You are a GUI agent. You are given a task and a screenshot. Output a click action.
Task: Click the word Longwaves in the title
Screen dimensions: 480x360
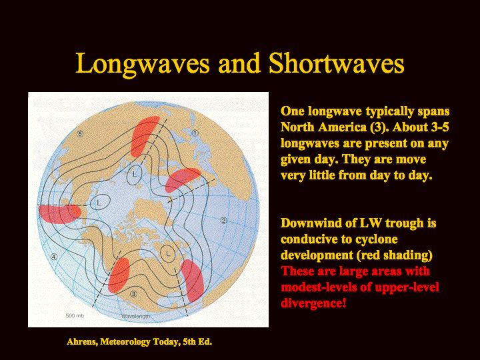click(x=143, y=64)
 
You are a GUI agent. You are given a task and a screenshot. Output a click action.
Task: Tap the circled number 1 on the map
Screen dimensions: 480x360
click(x=195, y=133)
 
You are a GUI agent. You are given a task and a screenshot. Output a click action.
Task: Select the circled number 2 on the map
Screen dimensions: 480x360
click(x=223, y=221)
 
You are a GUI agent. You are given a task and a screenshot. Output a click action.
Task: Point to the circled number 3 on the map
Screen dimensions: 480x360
click(x=133, y=294)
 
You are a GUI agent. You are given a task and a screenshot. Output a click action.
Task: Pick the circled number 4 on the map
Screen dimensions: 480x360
click(x=54, y=257)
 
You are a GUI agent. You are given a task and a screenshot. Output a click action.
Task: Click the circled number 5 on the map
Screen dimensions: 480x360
click(x=80, y=134)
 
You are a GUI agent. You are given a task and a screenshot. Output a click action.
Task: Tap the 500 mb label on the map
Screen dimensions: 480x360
click(x=75, y=315)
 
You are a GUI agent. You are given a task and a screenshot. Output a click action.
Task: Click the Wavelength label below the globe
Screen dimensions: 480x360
click(x=135, y=317)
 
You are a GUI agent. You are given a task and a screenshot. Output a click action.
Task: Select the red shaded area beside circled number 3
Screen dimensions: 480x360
click(x=119, y=275)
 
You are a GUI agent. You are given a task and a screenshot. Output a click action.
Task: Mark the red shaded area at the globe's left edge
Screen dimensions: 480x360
click(x=60, y=213)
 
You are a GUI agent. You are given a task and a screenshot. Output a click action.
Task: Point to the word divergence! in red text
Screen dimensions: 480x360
click(x=314, y=303)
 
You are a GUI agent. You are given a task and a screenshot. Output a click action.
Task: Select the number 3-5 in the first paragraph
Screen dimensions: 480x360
click(x=439, y=127)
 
